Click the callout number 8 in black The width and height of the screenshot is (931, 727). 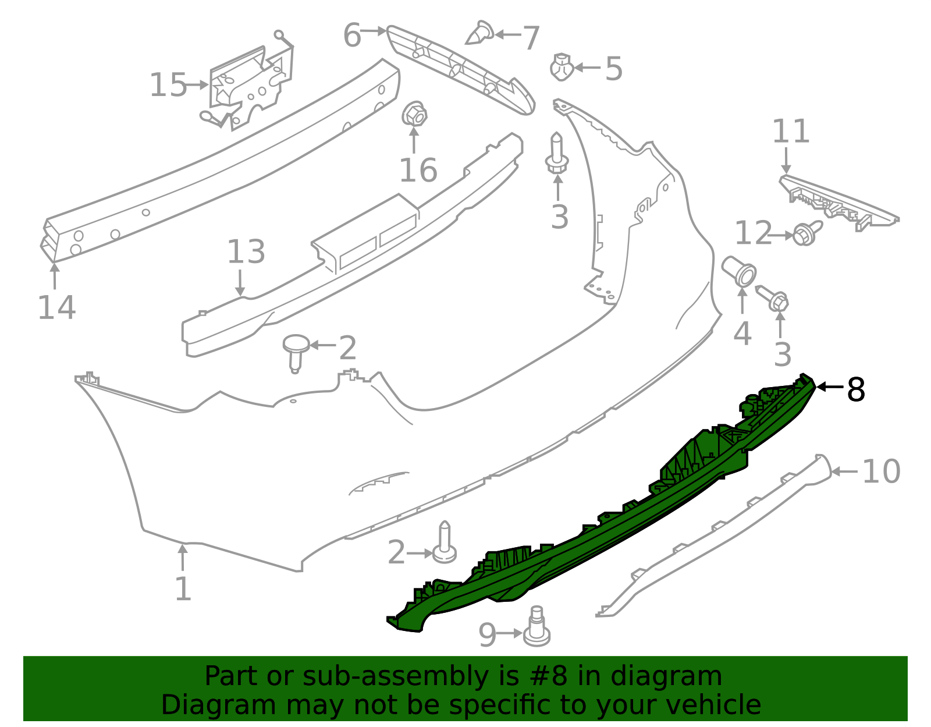(856, 390)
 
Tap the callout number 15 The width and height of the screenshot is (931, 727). (168, 86)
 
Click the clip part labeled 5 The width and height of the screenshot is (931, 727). (562, 68)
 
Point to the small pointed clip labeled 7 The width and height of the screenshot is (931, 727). (480, 34)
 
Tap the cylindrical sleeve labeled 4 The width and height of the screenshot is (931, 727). (739, 271)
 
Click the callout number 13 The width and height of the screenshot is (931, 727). (246, 253)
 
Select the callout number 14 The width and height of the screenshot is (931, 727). (56, 308)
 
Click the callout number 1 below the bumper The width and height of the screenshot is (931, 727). (183, 589)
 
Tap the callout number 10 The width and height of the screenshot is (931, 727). (881, 471)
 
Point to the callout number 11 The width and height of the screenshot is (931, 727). (791, 132)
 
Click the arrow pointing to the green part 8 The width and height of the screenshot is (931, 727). (829, 386)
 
